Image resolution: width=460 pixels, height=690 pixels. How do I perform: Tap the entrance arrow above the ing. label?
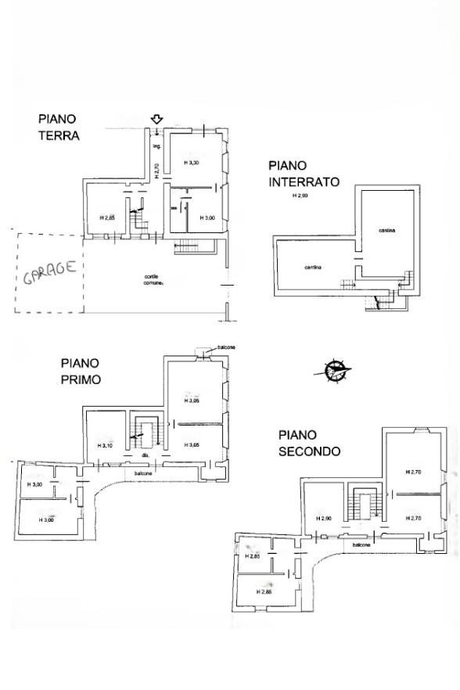point(156,120)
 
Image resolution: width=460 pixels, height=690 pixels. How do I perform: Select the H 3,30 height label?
point(192,163)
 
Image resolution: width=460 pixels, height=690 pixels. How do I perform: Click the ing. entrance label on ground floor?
point(156,146)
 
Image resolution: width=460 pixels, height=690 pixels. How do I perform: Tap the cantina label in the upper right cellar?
point(386,230)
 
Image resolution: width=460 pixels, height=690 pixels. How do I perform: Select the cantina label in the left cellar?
point(314,268)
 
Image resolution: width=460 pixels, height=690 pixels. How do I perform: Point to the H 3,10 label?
point(106,446)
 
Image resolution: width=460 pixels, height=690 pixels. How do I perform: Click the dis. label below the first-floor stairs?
point(144,455)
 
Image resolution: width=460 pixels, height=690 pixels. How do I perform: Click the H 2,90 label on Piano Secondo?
point(324,519)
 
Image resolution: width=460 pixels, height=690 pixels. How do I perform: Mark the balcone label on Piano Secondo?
point(361,544)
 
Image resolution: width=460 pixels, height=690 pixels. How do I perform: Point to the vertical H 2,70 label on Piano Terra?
point(156,171)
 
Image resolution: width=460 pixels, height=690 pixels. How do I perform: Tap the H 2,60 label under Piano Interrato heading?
point(300,196)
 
